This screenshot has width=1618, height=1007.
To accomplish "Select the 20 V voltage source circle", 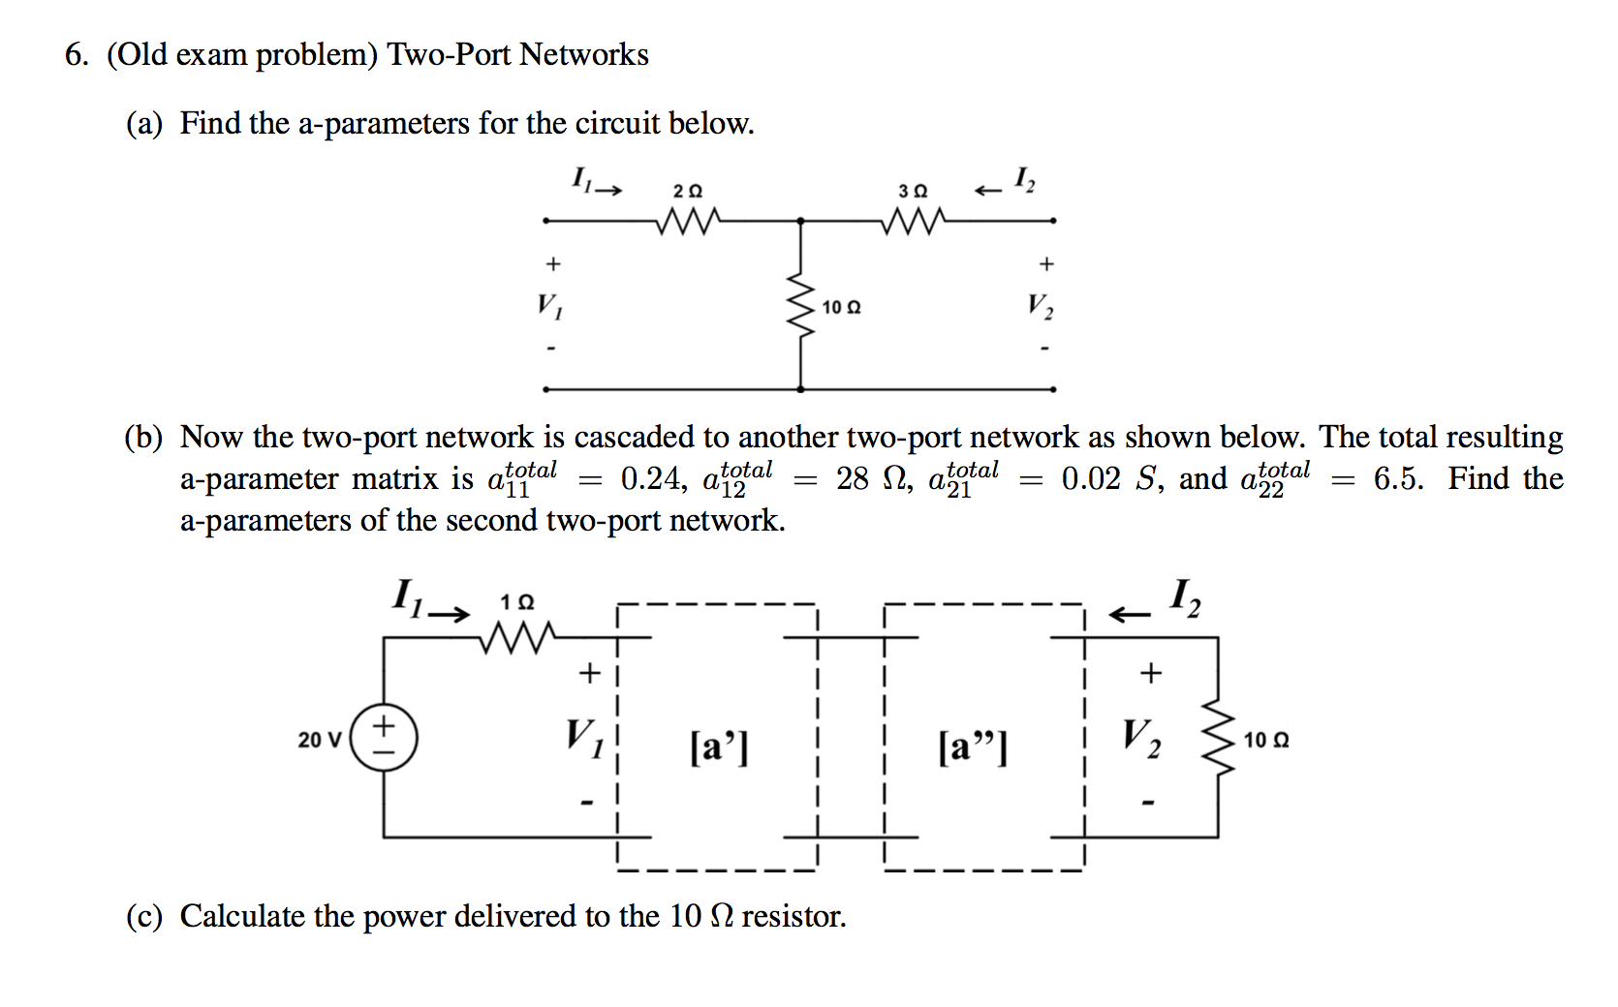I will click(x=384, y=738).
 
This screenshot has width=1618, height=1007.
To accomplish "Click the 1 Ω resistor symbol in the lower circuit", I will click(x=518, y=637).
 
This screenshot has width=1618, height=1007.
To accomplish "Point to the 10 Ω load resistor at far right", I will click(x=1218, y=739).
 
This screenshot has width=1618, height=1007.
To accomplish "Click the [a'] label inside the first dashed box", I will click(x=719, y=747).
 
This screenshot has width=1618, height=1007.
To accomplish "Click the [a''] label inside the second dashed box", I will click(x=972, y=747).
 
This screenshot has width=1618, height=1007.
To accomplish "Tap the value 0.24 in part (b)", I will click(x=649, y=478).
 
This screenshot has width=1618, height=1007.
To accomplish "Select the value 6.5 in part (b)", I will click(x=1398, y=478).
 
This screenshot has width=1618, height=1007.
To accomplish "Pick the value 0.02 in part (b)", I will click(x=1090, y=478).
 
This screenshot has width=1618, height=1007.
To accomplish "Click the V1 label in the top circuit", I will click(x=550, y=306).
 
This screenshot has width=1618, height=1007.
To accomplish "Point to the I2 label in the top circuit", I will click(x=1024, y=179).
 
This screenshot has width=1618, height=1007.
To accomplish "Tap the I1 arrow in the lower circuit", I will click(x=450, y=614).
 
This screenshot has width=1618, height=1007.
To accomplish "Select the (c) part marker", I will click(x=144, y=916).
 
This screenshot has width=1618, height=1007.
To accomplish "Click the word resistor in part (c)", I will click(x=793, y=916).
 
